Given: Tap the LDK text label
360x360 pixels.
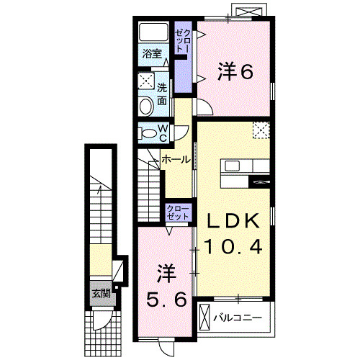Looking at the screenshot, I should [x=230, y=220].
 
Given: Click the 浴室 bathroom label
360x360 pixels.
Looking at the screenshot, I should [x=151, y=55].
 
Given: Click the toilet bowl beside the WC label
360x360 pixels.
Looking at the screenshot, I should [x=147, y=132].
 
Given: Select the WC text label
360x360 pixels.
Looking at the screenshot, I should [x=163, y=132].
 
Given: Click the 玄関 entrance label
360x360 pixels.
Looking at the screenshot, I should [x=101, y=293].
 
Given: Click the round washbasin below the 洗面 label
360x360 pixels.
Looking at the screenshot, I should [x=146, y=107].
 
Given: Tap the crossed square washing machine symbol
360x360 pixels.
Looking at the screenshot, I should [x=146, y=80].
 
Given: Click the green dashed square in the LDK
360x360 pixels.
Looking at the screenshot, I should [x=261, y=131].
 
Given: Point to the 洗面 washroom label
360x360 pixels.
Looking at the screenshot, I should [x=163, y=94].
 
